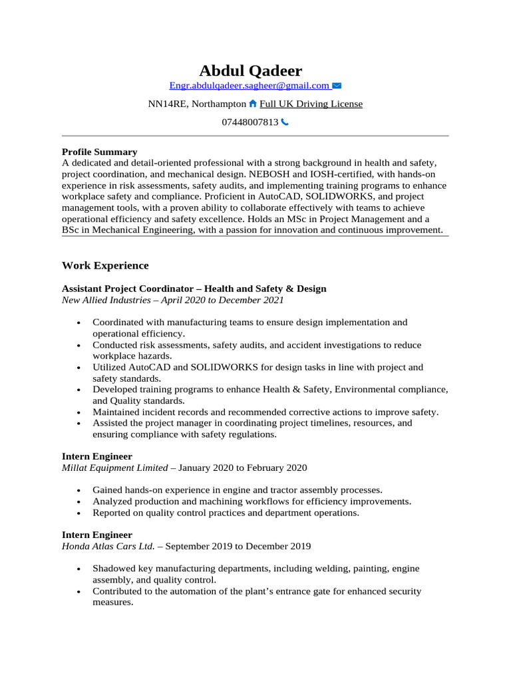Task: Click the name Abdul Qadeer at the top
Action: [250, 70]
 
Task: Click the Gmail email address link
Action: [250, 86]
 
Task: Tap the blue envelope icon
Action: [337, 86]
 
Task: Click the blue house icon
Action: [253, 104]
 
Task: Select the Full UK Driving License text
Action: [311, 104]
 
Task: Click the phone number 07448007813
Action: [250, 122]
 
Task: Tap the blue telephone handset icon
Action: [285, 122]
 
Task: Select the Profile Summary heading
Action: [99, 152]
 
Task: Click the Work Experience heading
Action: [105, 265]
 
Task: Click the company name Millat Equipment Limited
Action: [114, 468]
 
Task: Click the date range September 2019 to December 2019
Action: [238, 546]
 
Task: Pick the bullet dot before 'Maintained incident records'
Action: [79, 413]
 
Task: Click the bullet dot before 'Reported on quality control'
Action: [79, 513]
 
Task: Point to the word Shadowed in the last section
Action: [113, 569]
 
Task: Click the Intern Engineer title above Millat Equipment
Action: [96, 456]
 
